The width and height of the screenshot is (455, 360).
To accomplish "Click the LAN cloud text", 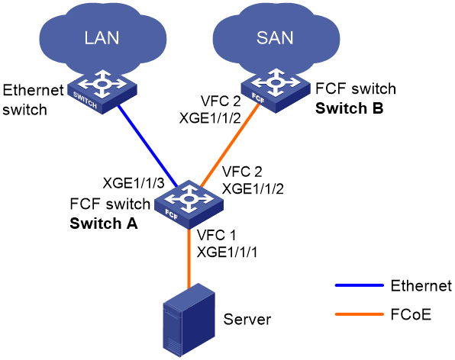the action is click(x=102, y=37).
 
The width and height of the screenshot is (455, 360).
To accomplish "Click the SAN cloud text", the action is click(x=275, y=37).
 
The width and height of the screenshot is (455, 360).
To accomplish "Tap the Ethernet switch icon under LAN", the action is click(x=102, y=92).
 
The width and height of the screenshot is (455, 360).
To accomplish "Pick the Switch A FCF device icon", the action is click(x=189, y=204).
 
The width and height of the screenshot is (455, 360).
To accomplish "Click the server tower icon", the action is click(x=189, y=320).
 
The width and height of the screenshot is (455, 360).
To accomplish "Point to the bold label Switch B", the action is click(x=350, y=108).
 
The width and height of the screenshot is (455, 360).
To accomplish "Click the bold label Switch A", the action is click(x=104, y=223).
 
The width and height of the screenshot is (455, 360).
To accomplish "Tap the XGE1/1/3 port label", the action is click(x=134, y=183).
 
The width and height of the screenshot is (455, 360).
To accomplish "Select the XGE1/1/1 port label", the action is click(x=227, y=252).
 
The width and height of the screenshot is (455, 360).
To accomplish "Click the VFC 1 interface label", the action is click(x=217, y=235).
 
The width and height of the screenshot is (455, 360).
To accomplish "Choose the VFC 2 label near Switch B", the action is click(x=221, y=101).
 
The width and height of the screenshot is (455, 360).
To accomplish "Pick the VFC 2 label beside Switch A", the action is click(x=242, y=172).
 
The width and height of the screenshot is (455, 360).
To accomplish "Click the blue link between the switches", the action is click(x=147, y=146).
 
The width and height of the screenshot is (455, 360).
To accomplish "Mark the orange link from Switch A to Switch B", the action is click(x=229, y=146).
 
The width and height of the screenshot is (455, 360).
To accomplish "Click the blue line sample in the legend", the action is click(x=360, y=285).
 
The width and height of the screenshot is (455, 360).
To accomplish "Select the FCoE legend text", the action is click(x=411, y=314).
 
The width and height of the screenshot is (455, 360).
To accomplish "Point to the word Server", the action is click(x=247, y=320).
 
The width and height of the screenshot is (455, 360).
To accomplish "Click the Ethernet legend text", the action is click(x=421, y=286).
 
